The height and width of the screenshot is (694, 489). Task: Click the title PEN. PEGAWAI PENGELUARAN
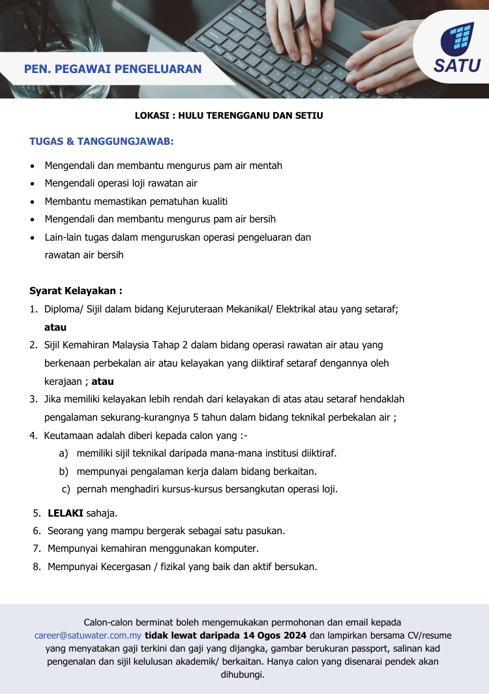(x=113, y=69)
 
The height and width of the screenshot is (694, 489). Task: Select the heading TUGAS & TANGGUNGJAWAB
(x=101, y=141)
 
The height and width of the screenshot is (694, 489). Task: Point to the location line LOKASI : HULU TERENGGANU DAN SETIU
(x=229, y=115)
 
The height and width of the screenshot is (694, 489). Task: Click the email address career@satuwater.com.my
(x=88, y=635)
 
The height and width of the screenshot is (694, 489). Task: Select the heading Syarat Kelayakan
(x=76, y=291)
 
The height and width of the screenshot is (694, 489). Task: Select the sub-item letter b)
(x=64, y=471)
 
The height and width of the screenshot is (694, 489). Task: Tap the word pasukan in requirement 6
(x=265, y=532)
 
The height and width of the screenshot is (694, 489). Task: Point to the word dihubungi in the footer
(x=244, y=674)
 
